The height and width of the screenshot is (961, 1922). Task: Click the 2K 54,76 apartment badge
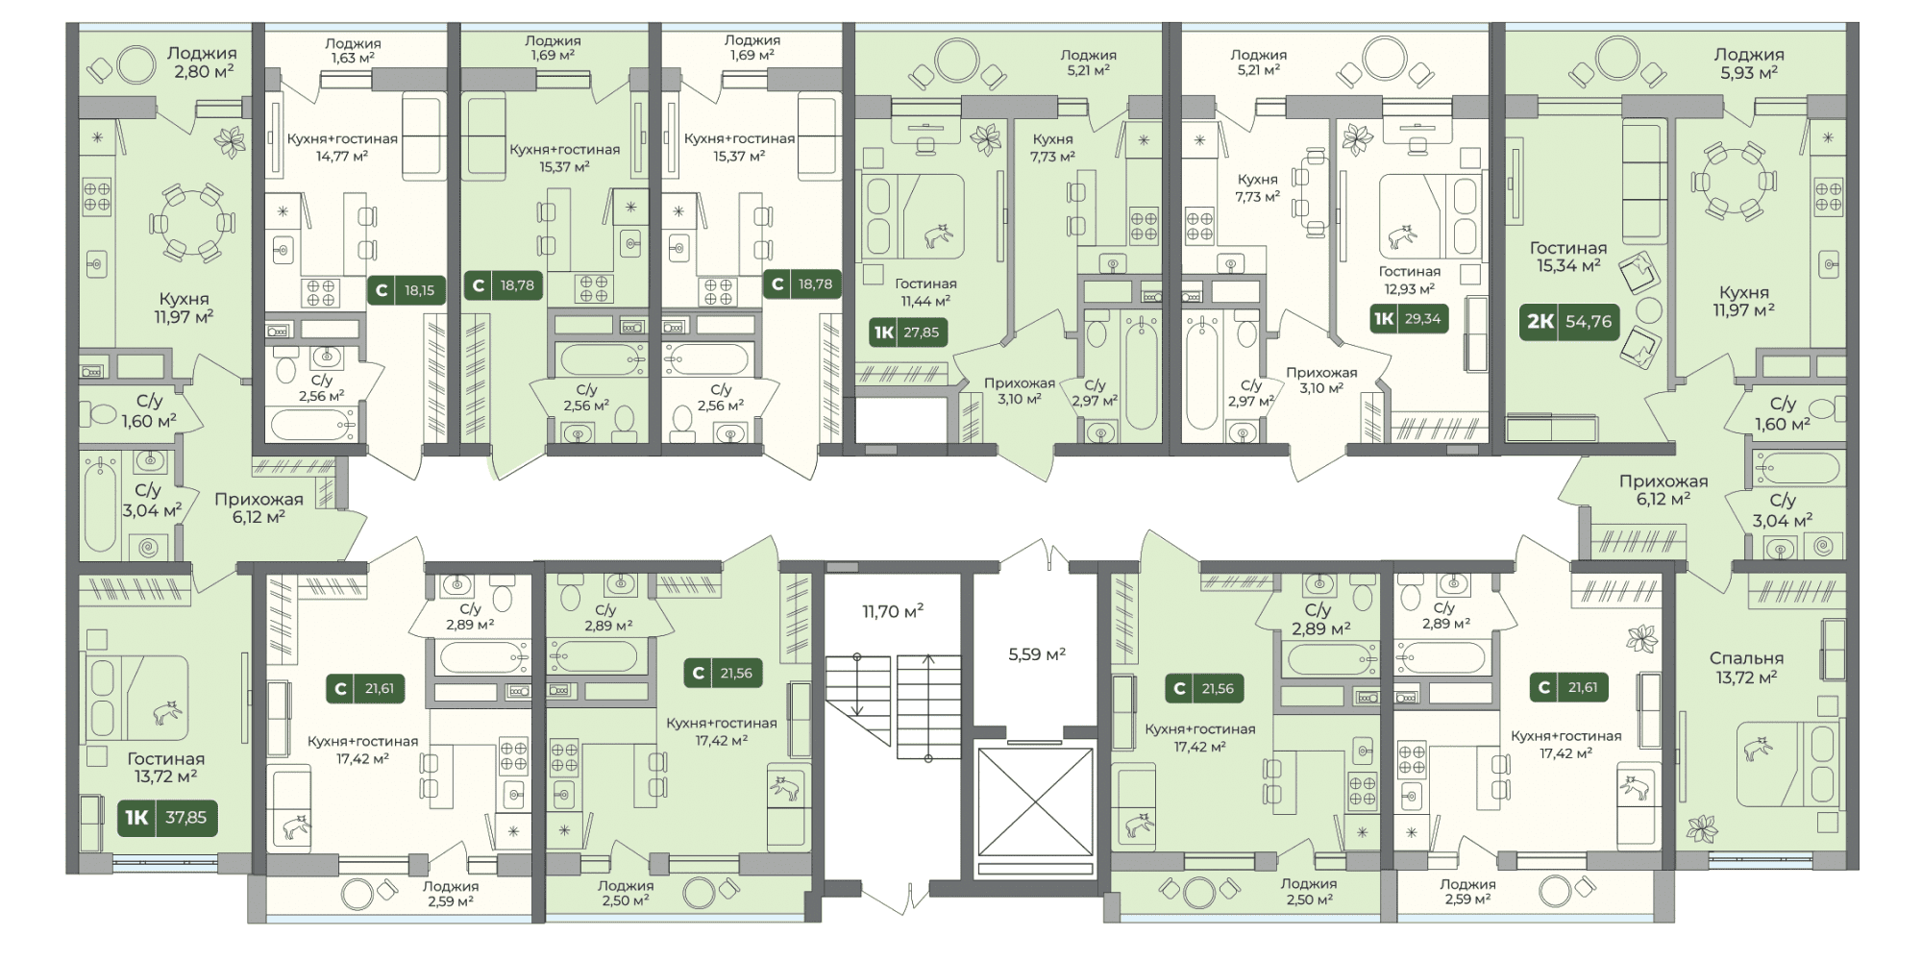tap(1569, 321)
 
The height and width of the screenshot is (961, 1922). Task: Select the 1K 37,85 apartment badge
tap(166, 818)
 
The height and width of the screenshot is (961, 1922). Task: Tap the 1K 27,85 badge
tap(906, 333)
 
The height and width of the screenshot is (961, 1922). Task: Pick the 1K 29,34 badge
tap(1409, 319)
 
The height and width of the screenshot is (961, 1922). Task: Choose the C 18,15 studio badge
tap(406, 289)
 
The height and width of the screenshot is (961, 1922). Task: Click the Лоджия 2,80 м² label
tap(201, 62)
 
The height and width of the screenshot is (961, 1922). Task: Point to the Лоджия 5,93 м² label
tap(1749, 63)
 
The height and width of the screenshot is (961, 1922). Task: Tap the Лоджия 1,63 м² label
tap(353, 50)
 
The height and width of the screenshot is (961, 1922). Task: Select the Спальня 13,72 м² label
tap(1746, 668)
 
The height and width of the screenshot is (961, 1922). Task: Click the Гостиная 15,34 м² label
tap(1568, 257)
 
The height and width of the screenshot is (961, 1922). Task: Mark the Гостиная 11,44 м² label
tap(925, 292)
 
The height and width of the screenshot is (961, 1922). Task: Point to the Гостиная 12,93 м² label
tap(1410, 280)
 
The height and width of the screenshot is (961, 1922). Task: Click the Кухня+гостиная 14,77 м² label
tap(342, 147)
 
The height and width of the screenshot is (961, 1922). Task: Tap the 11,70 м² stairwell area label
tap(893, 610)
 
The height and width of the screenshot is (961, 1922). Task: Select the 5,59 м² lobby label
tap(1037, 654)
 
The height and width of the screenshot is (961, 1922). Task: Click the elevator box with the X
tap(1036, 802)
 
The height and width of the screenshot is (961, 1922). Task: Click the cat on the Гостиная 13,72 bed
tap(168, 712)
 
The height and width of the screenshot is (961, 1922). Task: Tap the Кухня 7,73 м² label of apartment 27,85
tap(1052, 148)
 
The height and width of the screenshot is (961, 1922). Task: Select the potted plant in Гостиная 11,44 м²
tap(986, 139)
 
